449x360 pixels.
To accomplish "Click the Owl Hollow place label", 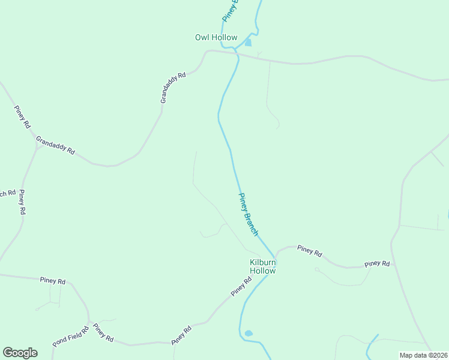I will [x=216, y=37].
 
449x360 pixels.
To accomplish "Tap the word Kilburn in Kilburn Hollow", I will [x=263, y=262].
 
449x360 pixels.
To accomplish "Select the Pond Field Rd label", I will [x=70, y=337].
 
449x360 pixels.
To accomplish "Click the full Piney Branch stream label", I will [x=249, y=214].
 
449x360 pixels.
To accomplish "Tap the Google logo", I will [x=20, y=353].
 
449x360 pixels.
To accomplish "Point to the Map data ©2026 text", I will [x=423, y=355].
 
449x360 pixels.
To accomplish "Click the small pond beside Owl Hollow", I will [x=248, y=43].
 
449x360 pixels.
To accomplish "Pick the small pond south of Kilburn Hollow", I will [x=249, y=333].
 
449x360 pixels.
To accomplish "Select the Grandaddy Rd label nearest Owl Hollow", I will [x=173, y=88].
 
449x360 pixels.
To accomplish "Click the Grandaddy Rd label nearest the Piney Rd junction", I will [x=55, y=146].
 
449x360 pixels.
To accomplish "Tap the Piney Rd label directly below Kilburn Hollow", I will [x=241, y=286].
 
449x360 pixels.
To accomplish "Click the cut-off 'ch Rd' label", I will [x=7, y=194].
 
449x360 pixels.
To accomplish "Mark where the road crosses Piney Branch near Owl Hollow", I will [x=237, y=55].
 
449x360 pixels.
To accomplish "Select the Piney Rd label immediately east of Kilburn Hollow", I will [x=310, y=250].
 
